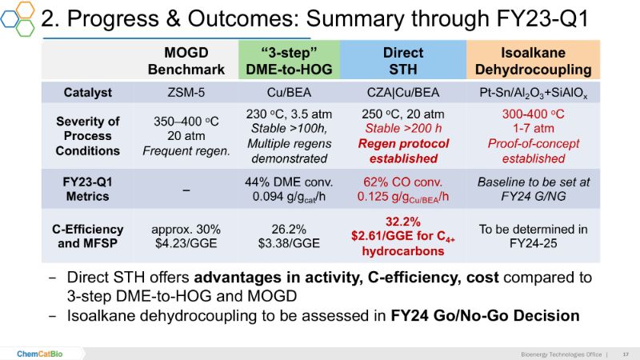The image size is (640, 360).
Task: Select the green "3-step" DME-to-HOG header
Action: tap(290, 61)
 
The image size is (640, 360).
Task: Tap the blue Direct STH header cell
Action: tap(403, 61)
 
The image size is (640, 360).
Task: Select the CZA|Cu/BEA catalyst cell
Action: tap(403, 93)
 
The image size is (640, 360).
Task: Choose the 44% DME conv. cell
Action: tap(290, 182)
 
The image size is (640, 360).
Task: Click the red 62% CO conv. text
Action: tap(403, 182)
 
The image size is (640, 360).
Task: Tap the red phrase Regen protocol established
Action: tap(403, 151)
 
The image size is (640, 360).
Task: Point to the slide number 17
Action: tap(625, 353)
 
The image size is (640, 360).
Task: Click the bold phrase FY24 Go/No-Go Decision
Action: tap(485, 315)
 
